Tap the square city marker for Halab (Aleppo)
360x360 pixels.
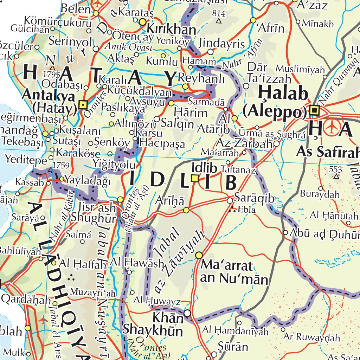tap(314, 111)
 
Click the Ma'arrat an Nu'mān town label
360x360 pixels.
tap(234, 272)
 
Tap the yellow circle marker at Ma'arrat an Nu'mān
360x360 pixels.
tap(199, 255)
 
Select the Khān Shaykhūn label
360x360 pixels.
tap(153, 324)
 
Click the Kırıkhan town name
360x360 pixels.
tap(171, 29)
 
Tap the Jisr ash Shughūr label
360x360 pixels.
tap(94, 212)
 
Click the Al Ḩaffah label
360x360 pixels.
tap(83, 263)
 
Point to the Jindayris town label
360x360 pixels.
tap(221, 44)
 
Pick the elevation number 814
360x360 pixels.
tap(219, 13)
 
